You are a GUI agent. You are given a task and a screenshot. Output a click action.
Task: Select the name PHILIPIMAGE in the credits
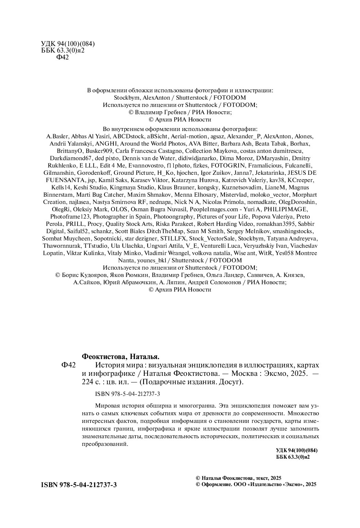coord(286,209)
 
